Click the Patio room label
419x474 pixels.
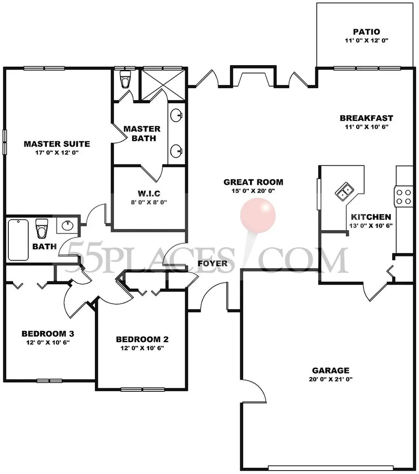(x=366, y=32)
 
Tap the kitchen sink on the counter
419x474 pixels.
(x=344, y=192)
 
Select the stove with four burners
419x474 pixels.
(x=404, y=197)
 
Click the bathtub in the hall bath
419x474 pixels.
(x=19, y=240)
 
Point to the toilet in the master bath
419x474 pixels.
(x=125, y=79)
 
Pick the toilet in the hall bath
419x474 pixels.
(x=41, y=229)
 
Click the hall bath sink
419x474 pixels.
(x=67, y=225)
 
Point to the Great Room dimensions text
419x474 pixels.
(x=253, y=191)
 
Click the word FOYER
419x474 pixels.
(x=212, y=263)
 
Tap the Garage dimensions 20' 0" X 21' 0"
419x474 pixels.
(x=331, y=379)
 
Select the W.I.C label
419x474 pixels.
(x=149, y=193)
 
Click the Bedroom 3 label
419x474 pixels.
(x=48, y=334)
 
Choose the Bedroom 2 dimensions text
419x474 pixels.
(x=142, y=348)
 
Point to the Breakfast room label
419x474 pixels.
(x=366, y=118)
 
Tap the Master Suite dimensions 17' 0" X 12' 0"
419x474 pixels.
(x=57, y=152)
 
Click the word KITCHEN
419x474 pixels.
(x=371, y=217)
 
